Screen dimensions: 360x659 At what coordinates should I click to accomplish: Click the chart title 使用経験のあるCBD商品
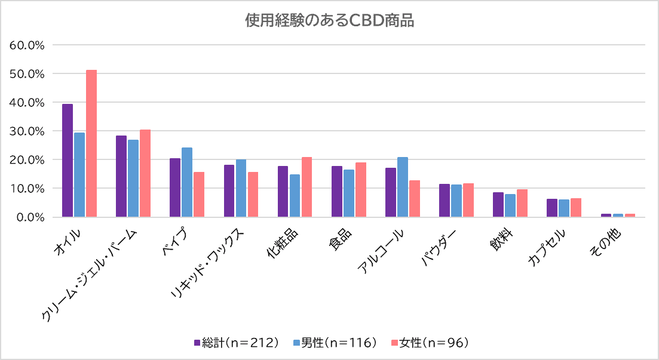click(x=329, y=21)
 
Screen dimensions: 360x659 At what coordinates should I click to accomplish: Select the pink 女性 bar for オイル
click(x=91, y=143)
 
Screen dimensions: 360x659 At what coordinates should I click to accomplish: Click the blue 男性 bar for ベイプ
click(x=187, y=182)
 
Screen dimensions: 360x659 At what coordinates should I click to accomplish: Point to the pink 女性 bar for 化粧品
click(x=306, y=187)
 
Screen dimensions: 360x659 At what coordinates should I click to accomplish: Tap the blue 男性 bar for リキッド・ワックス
click(x=241, y=188)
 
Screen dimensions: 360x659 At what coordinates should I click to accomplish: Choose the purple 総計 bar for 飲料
click(x=498, y=204)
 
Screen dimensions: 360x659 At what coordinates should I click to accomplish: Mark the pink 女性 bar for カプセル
click(x=576, y=207)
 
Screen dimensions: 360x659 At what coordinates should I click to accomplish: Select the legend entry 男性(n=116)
click(x=335, y=343)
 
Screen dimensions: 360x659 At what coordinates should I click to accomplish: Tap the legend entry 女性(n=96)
click(x=428, y=343)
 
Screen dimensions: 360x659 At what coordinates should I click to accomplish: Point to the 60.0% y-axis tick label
click(x=28, y=45)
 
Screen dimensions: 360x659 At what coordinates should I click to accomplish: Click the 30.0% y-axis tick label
click(x=28, y=131)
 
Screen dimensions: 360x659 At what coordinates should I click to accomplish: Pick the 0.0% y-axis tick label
click(x=31, y=217)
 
